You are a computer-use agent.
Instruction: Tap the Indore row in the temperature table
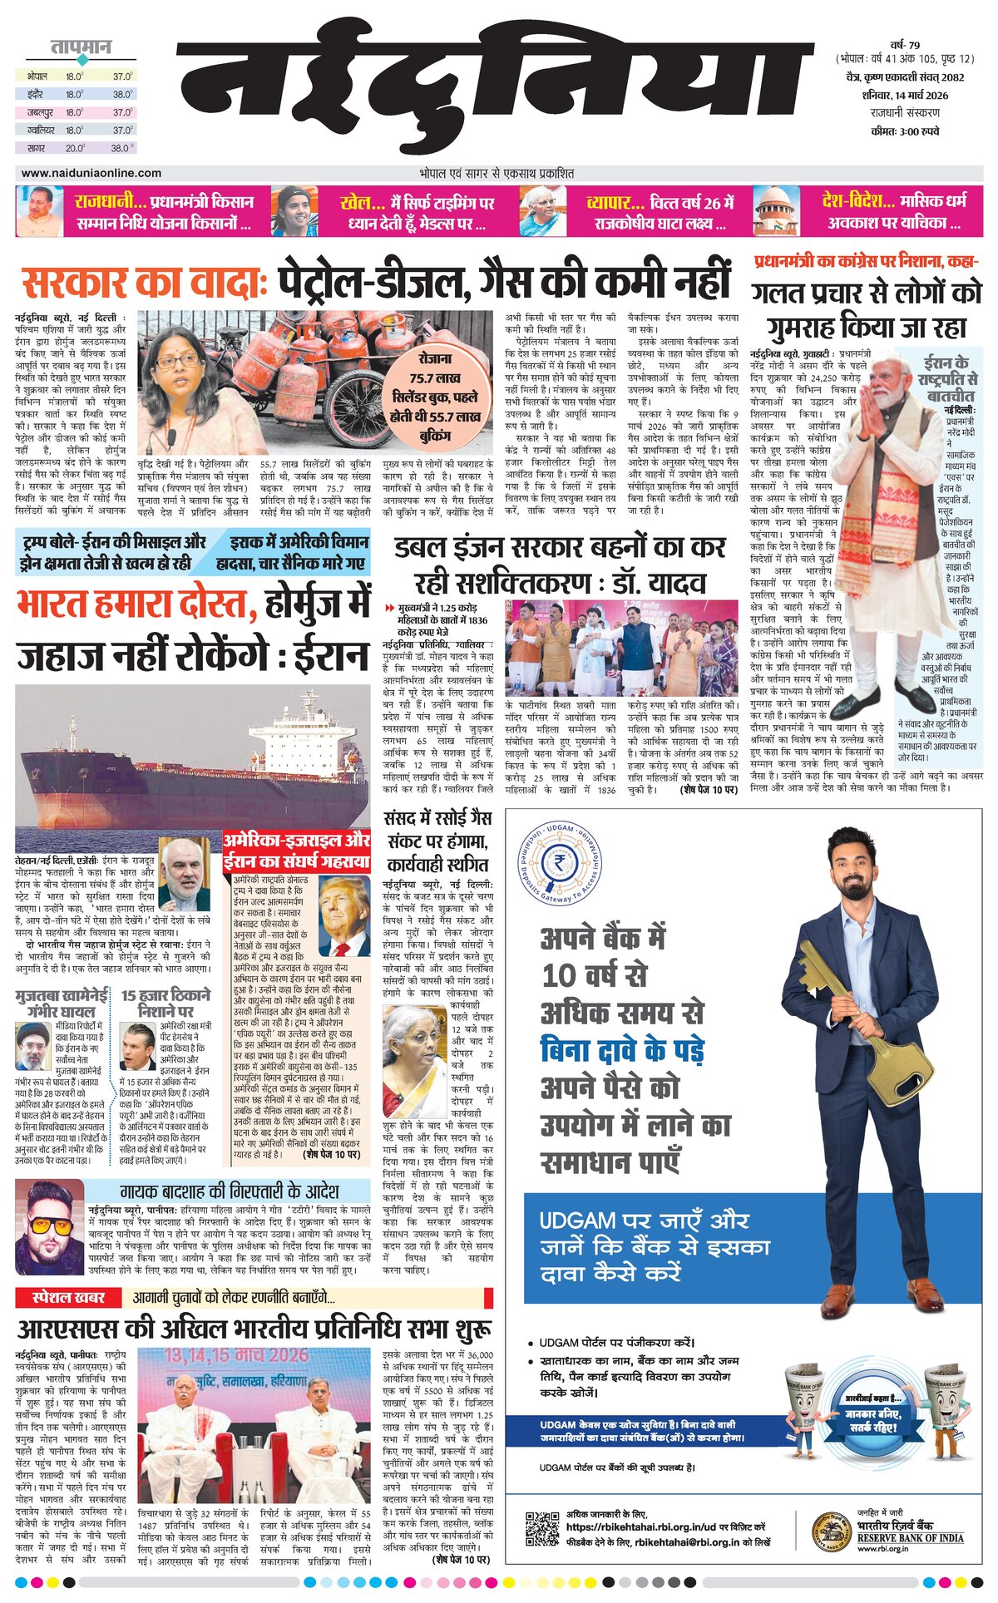[x=79, y=94]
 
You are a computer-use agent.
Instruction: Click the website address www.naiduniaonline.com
[x=91, y=173]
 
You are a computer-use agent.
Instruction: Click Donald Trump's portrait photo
[x=343, y=915]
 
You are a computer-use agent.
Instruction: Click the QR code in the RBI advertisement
[x=542, y=1529]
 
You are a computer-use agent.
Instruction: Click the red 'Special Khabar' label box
[x=68, y=1297]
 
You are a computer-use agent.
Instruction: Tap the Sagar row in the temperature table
[x=79, y=148]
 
